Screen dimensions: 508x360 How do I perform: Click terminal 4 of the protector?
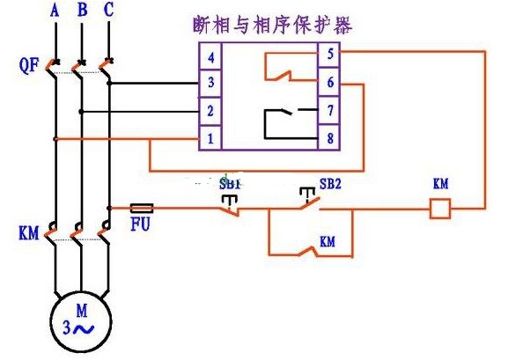(x=210, y=56)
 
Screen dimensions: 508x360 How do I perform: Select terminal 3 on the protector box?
(x=210, y=83)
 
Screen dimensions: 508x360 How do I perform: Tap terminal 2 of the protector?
(x=210, y=112)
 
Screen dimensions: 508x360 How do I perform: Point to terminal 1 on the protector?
(x=210, y=138)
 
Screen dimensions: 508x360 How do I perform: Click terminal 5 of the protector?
(x=329, y=54)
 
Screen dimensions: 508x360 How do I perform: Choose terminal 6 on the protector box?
(x=329, y=82)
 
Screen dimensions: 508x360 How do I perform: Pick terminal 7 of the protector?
(x=329, y=110)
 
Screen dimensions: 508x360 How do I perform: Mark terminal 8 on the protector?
(x=329, y=137)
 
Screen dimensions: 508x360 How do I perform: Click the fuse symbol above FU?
(x=142, y=208)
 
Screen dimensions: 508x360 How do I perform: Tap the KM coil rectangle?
(x=440, y=209)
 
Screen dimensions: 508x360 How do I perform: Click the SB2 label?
(x=330, y=184)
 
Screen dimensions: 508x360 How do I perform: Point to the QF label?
(x=28, y=65)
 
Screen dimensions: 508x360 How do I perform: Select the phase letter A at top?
(x=55, y=10)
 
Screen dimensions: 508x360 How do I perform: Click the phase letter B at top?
(x=82, y=10)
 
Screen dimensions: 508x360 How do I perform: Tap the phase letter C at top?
(x=109, y=10)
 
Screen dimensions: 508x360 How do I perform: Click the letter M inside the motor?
(x=82, y=311)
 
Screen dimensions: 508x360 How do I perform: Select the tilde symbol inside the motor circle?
(x=84, y=329)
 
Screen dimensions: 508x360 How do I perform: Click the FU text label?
(x=140, y=224)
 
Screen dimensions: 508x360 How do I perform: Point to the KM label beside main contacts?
(x=28, y=233)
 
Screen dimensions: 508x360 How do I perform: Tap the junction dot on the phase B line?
(x=81, y=112)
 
